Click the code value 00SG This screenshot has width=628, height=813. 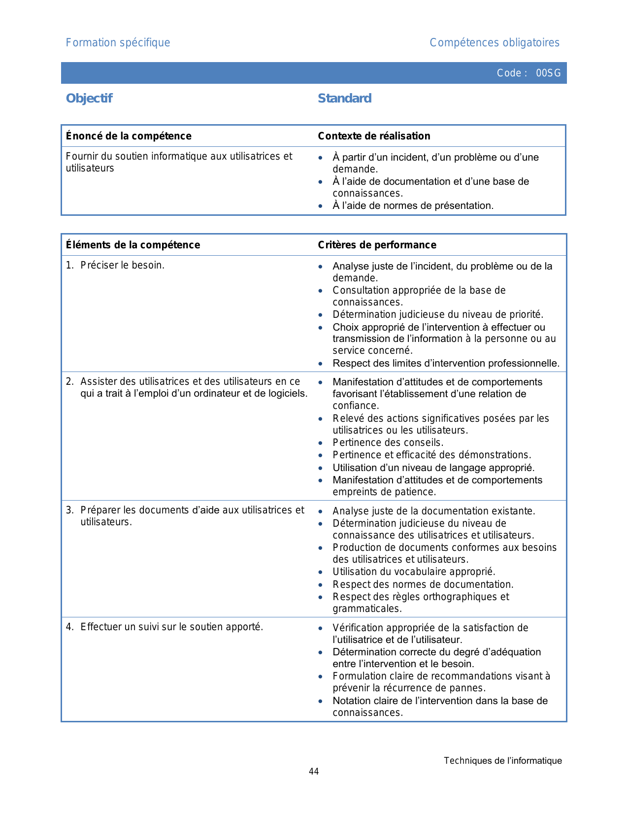(x=548, y=73)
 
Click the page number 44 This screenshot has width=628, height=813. (x=314, y=772)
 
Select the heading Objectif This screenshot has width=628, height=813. (x=89, y=99)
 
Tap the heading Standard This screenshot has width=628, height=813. (x=344, y=99)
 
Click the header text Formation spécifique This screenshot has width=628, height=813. (x=118, y=43)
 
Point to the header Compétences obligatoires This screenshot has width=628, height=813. (x=494, y=43)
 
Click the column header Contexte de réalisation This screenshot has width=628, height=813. (x=374, y=136)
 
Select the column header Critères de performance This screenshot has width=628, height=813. (x=377, y=245)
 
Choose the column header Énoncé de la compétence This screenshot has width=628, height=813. (x=129, y=136)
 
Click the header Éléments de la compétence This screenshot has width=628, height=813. (x=133, y=245)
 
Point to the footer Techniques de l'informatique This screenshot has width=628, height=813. (x=502, y=761)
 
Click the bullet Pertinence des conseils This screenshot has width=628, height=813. (x=388, y=442)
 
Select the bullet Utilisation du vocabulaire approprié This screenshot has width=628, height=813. (x=414, y=572)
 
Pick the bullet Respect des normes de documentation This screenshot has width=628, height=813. (x=423, y=584)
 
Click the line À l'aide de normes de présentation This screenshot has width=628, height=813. (x=413, y=205)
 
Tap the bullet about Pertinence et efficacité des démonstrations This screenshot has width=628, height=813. (x=431, y=455)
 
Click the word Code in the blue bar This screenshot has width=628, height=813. (x=509, y=73)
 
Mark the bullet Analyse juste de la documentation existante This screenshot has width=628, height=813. (x=433, y=511)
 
